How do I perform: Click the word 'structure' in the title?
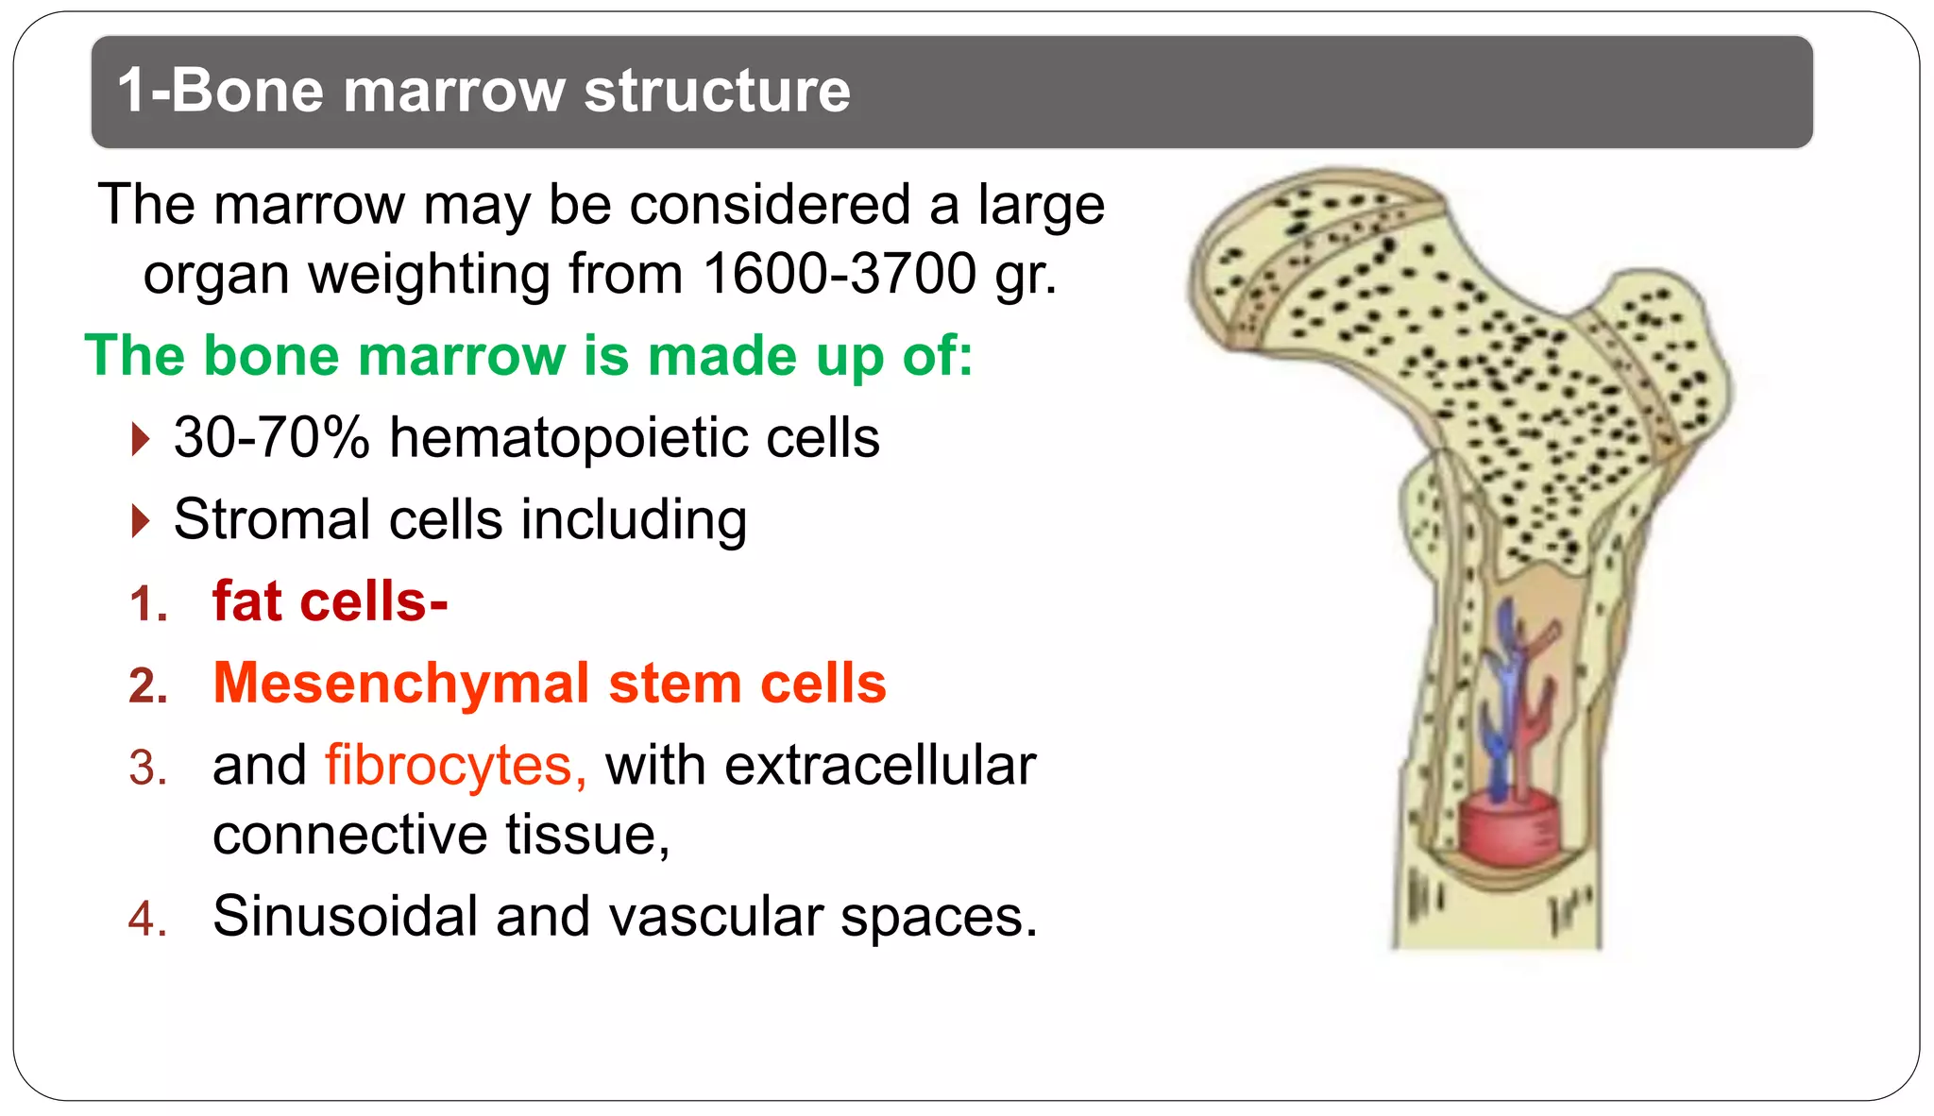717,92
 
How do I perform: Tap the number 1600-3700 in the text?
840,275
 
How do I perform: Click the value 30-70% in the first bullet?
272,438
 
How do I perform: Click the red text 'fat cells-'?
330,601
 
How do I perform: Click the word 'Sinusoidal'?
346,916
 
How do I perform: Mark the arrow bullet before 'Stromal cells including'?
141,520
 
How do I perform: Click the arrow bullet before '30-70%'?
141,439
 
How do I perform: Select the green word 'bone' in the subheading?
271,356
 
